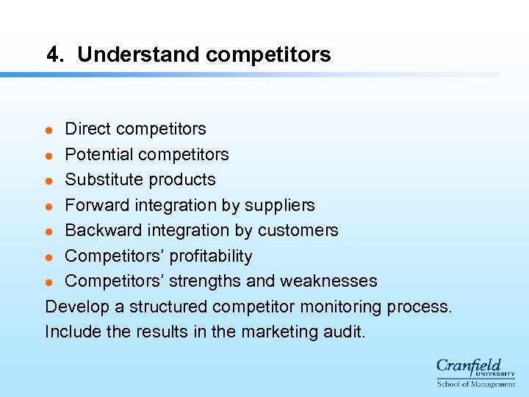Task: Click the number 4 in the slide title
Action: pyautogui.click(x=51, y=54)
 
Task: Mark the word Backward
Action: pyautogui.click(x=100, y=230)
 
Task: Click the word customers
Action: pyautogui.click(x=297, y=230)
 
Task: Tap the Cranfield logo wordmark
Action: pyautogui.click(x=468, y=366)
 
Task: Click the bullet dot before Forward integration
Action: pyautogui.click(x=49, y=206)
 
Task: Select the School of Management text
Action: pyautogui.click(x=475, y=384)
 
